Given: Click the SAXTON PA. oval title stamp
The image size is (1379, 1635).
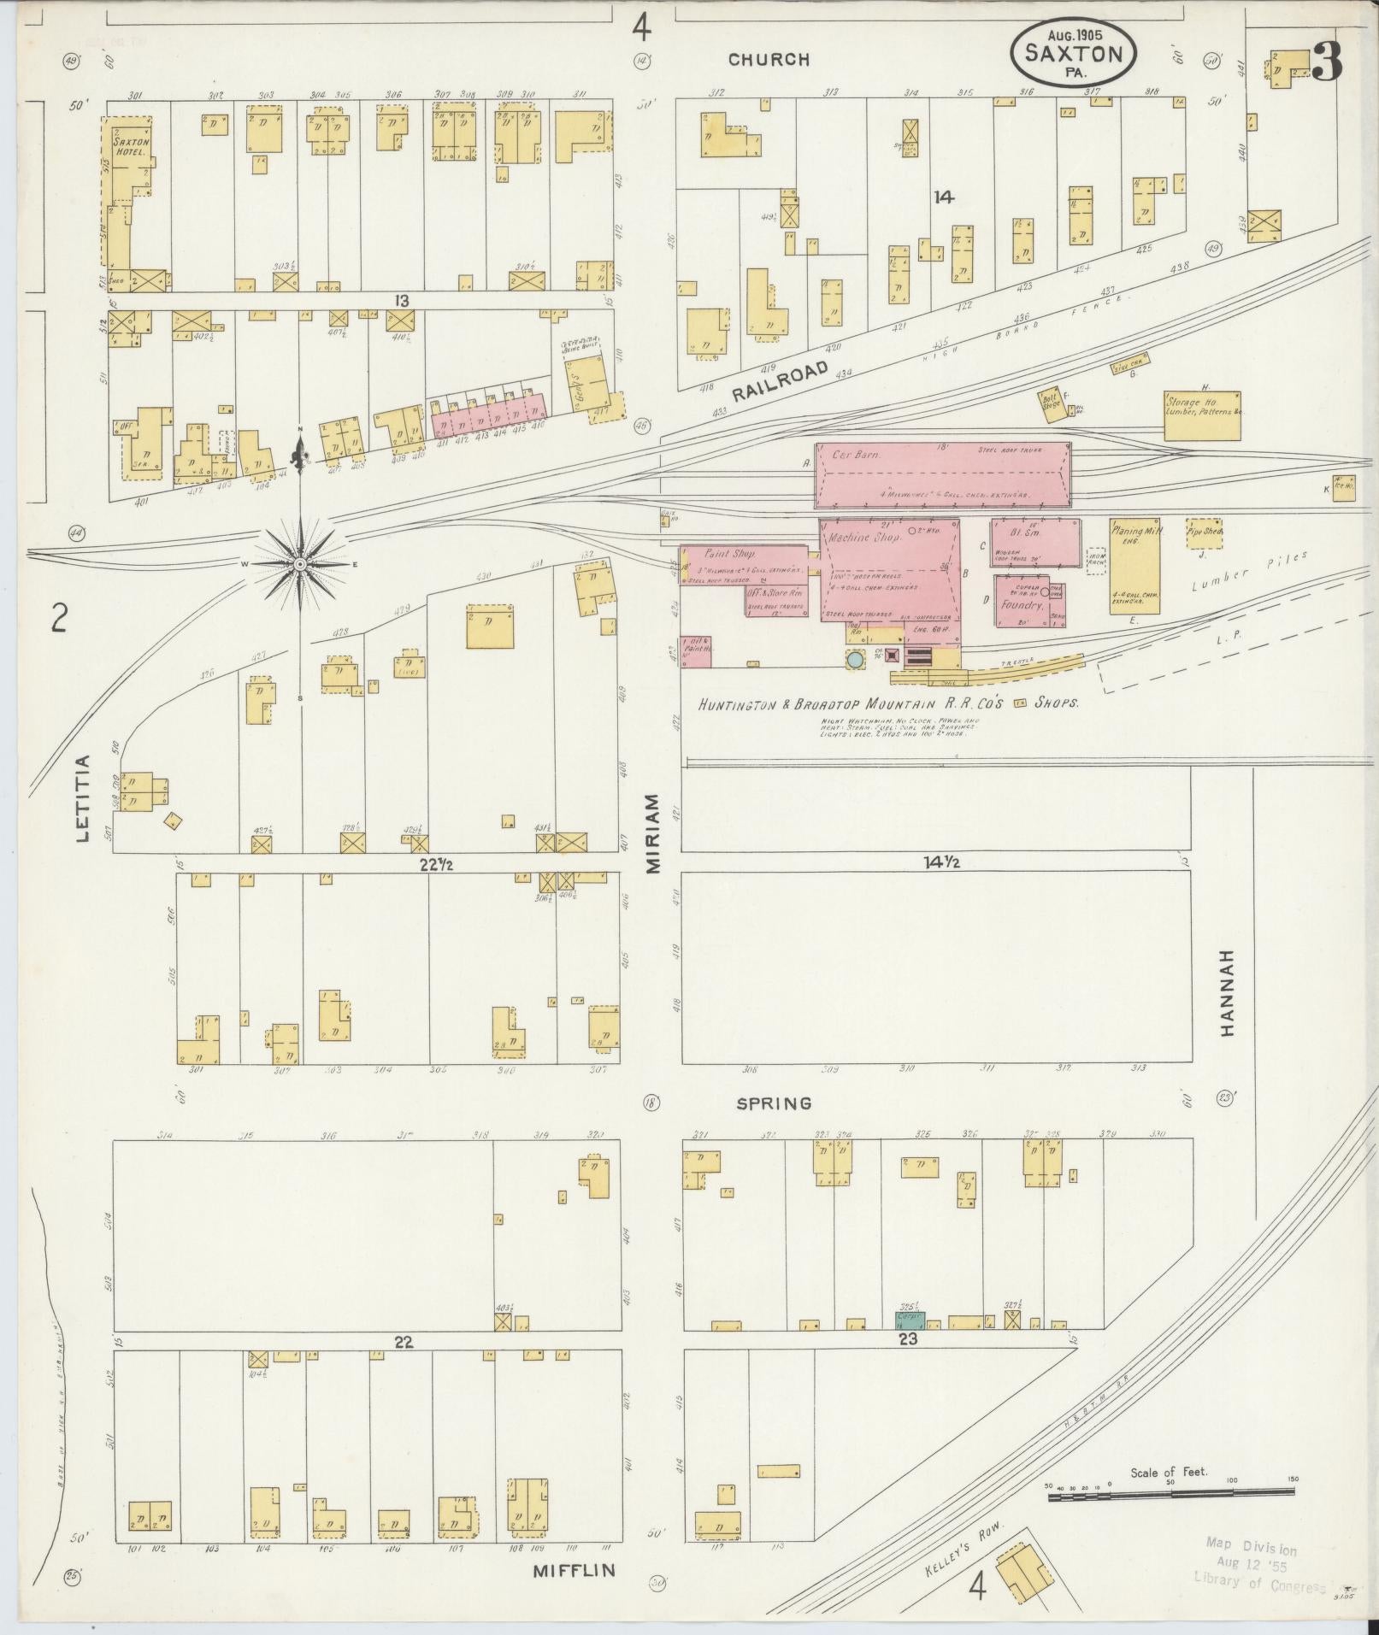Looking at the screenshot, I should point(1074,53).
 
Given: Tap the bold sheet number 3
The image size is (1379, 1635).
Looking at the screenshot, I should point(1327,61).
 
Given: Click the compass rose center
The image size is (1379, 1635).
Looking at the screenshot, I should point(301,565).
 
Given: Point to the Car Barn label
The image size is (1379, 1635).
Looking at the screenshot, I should point(857,456).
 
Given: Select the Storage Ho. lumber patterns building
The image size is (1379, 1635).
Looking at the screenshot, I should point(1202,415).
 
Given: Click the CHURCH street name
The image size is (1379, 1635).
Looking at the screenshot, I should point(769,60).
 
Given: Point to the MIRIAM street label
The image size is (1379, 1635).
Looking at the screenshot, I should point(653,832).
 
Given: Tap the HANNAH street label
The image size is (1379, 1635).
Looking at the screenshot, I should point(1229,992).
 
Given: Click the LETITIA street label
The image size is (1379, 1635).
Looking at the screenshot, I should point(83,798).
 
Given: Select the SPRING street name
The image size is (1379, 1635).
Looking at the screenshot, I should point(774,1104).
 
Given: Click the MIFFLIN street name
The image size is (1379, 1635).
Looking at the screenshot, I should point(574,1571).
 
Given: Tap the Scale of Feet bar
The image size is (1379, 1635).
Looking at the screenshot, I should point(1171,1491).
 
